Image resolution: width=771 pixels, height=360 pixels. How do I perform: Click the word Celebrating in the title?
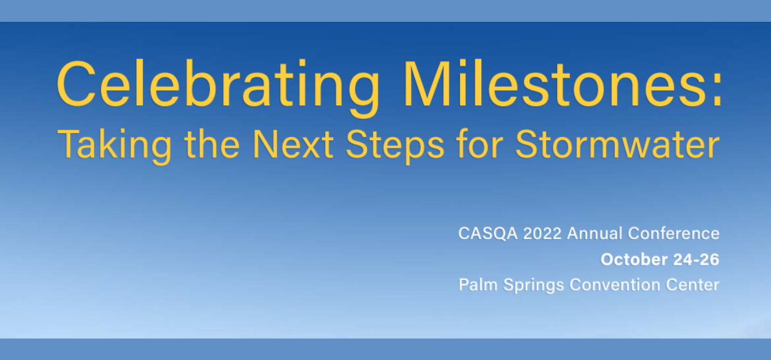(x=218, y=88)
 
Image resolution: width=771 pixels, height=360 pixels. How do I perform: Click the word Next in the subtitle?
(x=293, y=144)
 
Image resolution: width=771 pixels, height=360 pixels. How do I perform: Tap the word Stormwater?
(x=617, y=144)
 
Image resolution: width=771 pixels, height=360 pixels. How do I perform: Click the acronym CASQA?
(x=488, y=233)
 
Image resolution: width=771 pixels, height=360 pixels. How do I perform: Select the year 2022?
(x=542, y=233)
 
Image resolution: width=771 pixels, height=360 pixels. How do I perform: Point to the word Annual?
(x=595, y=233)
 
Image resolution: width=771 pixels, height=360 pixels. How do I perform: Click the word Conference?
(x=673, y=233)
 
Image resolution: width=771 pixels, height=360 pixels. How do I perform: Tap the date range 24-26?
(x=696, y=260)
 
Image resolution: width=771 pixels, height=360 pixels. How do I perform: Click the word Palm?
(x=478, y=285)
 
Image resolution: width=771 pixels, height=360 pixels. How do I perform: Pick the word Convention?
(x=615, y=285)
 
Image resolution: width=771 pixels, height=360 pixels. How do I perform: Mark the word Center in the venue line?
(x=693, y=285)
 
